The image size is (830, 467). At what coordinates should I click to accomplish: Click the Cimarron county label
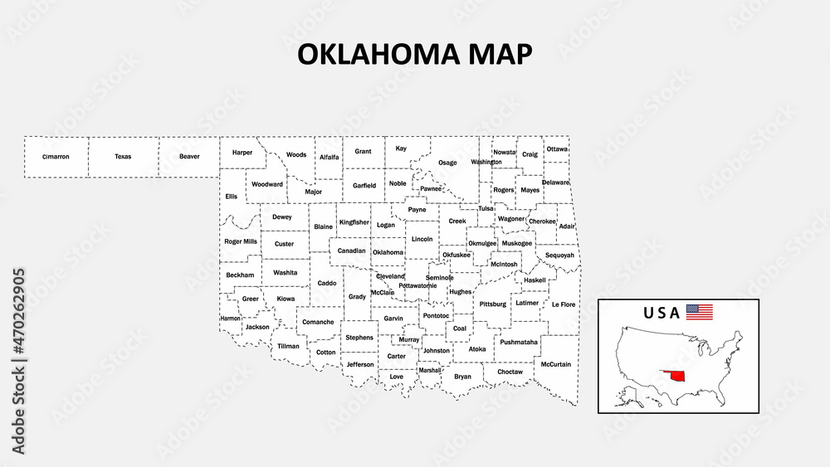pos(56,156)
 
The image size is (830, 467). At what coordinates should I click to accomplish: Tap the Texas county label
pos(123,156)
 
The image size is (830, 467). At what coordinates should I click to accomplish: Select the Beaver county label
pos(189,156)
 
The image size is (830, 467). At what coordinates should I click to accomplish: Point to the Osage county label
pos(447,163)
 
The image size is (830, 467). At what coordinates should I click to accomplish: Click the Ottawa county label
pos(557,149)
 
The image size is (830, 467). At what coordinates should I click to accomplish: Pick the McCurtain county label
pos(555,364)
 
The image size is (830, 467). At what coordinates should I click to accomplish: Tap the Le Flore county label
pos(563,304)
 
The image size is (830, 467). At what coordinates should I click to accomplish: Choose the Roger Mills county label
pos(240,241)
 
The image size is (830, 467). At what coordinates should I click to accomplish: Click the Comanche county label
pos(318,322)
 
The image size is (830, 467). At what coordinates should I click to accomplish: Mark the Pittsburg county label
pos(493,304)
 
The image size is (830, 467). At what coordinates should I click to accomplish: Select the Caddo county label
pos(327,283)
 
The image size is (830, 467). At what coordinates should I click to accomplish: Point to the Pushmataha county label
pos(519,342)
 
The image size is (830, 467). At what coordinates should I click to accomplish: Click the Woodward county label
pos(267,184)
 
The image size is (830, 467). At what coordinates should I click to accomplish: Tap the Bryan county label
pos(462,377)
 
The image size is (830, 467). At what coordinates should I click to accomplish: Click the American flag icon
pos(699,313)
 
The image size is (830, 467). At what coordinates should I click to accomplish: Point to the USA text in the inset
pos(662,313)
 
